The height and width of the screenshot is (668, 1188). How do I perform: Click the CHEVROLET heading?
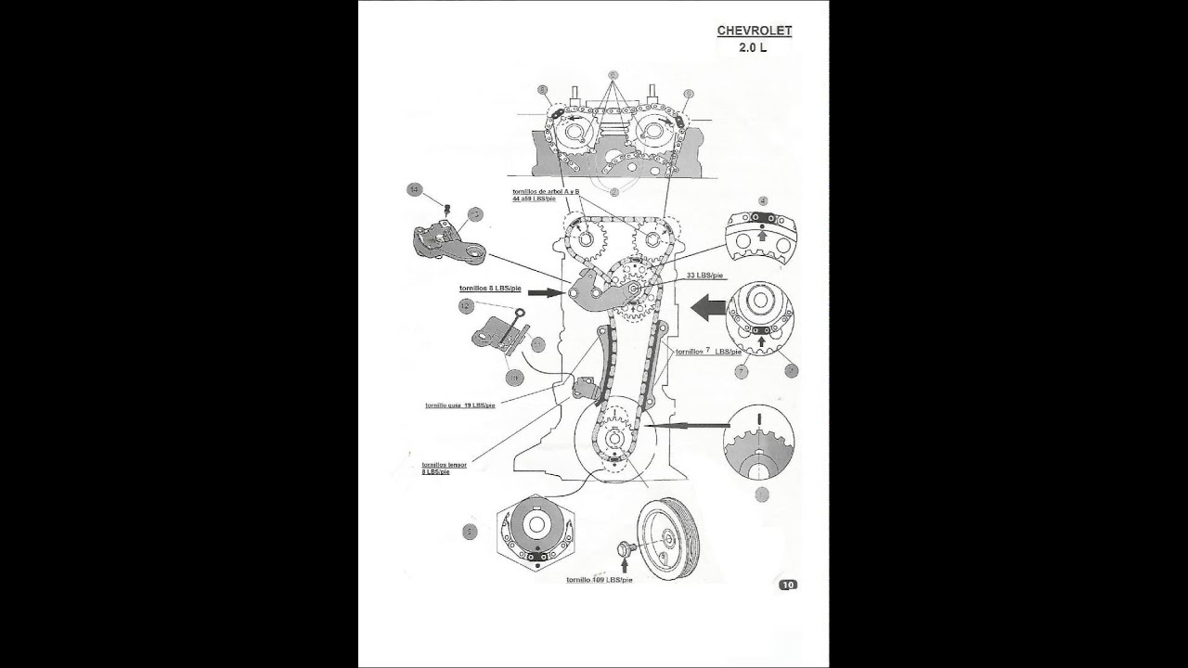754,31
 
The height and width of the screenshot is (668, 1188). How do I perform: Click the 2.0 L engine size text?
753,47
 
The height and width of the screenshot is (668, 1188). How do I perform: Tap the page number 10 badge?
788,584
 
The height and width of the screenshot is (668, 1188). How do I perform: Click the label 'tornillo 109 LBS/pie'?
599,580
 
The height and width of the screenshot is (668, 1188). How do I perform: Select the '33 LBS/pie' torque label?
704,276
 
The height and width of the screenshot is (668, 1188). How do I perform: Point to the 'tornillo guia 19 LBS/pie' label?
460,405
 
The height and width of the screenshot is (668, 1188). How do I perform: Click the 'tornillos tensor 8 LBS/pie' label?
444,468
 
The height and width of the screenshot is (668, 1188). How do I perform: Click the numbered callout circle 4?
762,200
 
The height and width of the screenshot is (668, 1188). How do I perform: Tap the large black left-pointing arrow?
709,308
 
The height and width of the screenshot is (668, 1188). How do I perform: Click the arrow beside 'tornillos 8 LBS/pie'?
549,292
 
